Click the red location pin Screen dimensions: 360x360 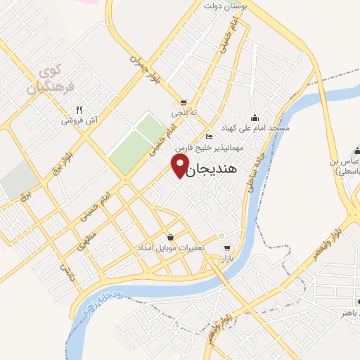coord(180,165)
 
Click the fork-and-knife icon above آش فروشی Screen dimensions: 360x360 coord(79,110)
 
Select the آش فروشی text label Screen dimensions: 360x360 coord(79,121)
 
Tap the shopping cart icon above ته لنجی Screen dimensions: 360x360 coord(184,102)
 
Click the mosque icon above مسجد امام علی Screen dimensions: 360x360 coord(255,117)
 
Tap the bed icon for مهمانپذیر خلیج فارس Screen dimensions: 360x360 coord(208,136)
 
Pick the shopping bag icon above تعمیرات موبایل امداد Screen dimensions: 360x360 coord(171,238)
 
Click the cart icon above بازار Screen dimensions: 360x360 coord(226,248)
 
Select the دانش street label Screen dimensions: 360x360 coord(65,269)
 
